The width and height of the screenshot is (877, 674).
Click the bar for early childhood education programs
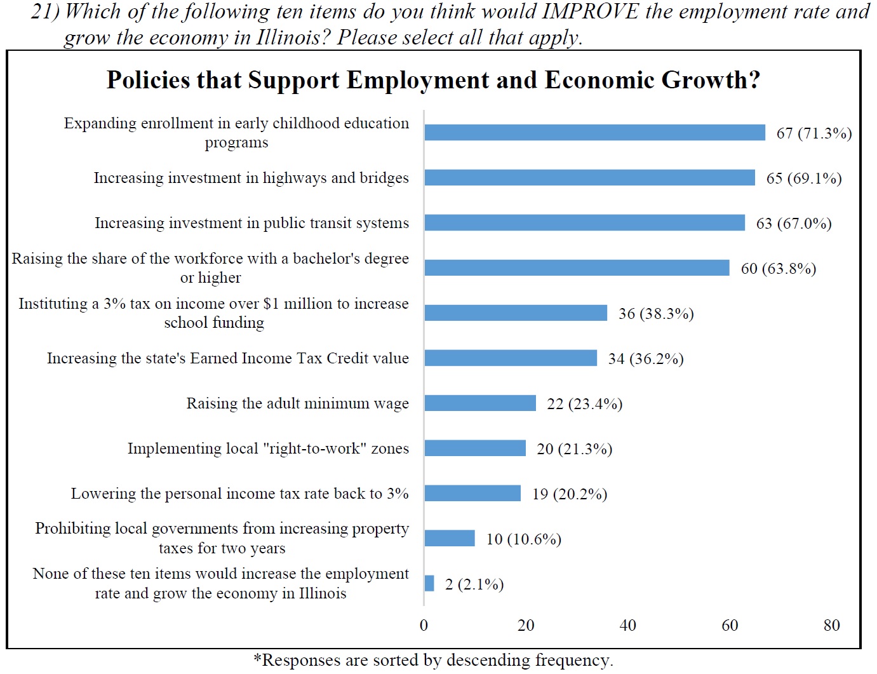(x=594, y=132)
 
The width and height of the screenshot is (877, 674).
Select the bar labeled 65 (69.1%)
(x=589, y=177)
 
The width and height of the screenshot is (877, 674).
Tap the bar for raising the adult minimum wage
(x=480, y=403)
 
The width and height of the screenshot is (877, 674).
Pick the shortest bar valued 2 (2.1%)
(x=429, y=583)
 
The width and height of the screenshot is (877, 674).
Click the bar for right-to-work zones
(x=475, y=448)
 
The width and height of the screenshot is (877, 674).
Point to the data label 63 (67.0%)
(x=793, y=223)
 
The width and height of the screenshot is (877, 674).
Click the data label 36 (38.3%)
(x=655, y=313)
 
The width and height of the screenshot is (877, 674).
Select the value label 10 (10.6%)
(x=523, y=539)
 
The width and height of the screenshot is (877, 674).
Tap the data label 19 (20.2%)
(x=569, y=494)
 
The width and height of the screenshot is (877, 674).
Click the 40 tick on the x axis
(x=627, y=625)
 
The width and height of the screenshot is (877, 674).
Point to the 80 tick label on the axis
(x=831, y=625)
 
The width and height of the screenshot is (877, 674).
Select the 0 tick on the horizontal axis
(x=424, y=625)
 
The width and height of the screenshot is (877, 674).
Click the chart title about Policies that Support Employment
(x=433, y=80)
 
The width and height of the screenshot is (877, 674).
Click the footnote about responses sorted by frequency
(x=433, y=660)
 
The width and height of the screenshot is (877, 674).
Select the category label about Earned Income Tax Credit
(x=227, y=358)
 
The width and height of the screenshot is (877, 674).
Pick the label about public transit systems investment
(x=251, y=223)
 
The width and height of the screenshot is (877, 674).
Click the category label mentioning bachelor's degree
(x=210, y=267)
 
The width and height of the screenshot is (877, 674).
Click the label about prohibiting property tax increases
(x=222, y=537)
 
